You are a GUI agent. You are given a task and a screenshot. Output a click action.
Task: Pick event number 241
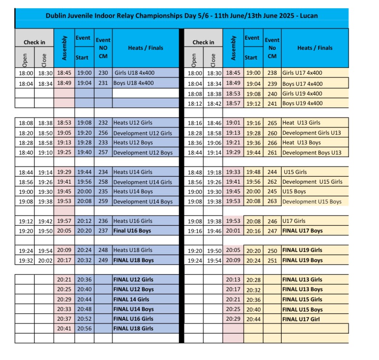click(x=272, y=103)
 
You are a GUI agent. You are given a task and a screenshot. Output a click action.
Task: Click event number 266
click(x=272, y=143)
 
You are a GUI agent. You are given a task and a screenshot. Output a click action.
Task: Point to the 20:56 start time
click(x=83, y=329)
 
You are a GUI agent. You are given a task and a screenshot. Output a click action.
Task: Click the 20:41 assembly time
click(x=64, y=329)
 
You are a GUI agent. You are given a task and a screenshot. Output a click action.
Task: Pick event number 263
click(x=272, y=201)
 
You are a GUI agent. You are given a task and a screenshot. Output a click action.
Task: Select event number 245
click(x=272, y=192)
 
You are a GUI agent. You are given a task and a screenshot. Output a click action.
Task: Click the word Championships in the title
click(x=155, y=16)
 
